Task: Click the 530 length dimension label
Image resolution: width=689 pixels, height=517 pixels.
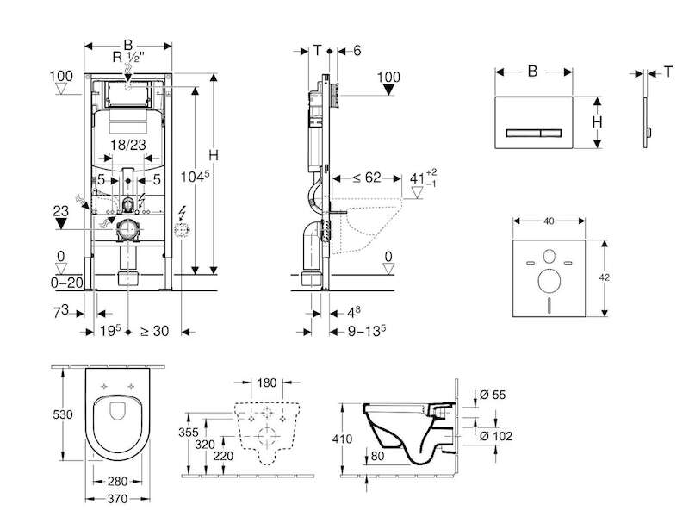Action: [x=63, y=414]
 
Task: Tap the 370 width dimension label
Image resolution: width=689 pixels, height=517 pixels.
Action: [x=117, y=499]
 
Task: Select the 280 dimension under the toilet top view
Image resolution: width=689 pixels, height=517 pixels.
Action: [x=117, y=482]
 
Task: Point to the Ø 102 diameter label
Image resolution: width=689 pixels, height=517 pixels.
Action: [x=496, y=436]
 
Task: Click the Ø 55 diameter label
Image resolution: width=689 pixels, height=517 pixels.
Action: [x=493, y=395]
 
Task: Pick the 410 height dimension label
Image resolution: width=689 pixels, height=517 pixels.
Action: [x=342, y=439]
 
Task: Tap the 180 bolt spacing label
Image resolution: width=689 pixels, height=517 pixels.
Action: [x=266, y=383]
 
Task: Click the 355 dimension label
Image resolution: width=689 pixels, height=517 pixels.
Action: [x=188, y=433]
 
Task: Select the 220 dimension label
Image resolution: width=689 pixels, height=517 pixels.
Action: [x=223, y=456]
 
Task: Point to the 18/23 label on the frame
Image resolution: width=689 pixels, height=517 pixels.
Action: [x=128, y=144]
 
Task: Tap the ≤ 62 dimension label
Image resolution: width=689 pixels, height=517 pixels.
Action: [x=367, y=178]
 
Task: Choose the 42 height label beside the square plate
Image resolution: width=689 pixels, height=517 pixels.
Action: [x=605, y=277]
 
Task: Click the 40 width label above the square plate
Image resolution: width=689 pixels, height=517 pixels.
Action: [x=549, y=221]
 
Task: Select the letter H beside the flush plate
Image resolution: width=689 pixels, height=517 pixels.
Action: [x=597, y=121]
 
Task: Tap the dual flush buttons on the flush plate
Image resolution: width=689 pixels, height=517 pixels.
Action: [x=533, y=133]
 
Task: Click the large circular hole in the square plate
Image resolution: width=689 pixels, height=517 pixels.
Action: [x=549, y=282]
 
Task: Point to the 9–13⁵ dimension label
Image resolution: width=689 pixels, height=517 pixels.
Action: [x=367, y=331]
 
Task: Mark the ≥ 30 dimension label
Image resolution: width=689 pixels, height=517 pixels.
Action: [x=154, y=331]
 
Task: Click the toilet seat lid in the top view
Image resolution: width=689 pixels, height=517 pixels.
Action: [x=117, y=427]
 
